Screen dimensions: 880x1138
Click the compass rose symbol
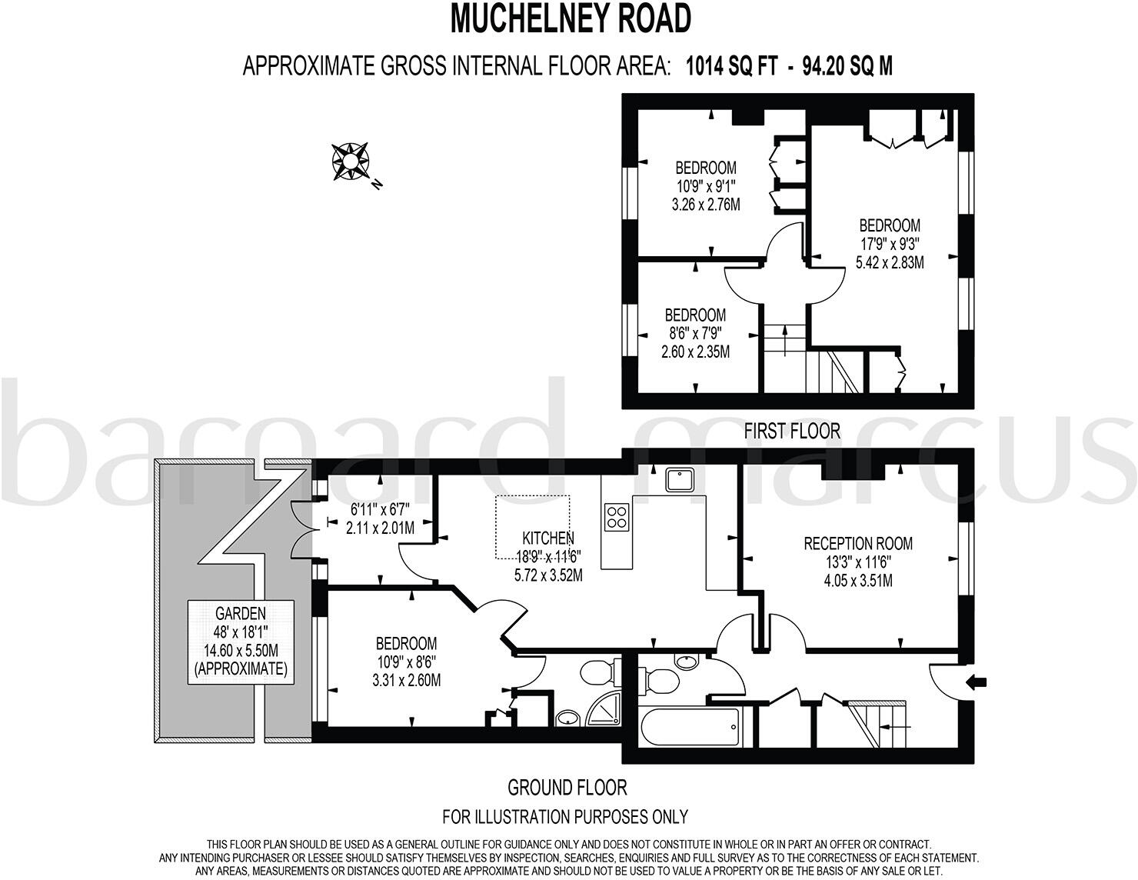pyautogui.click(x=350, y=162)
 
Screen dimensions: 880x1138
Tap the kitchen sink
pyautogui.click(x=680, y=479)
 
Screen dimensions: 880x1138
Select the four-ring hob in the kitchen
pyautogui.click(x=617, y=516)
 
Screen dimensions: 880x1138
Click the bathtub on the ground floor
pyautogui.click(x=690, y=727)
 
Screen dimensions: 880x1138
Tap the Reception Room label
pyautogui.click(x=857, y=544)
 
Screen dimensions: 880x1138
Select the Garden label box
pyautogui.click(x=241, y=641)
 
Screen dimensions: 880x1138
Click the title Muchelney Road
pyautogui.click(x=570, y=18)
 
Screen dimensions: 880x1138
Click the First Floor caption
pyautogui.click(x=792, y=432)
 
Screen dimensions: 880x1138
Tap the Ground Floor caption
pyautogui.click(x=567, y=787)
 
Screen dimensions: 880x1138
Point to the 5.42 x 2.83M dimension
pyautogui.click(x=890, y=262)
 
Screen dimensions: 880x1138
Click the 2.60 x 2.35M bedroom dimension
pyautogui.click(x=695, y=352)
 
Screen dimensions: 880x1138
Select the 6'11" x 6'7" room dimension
pyautogui.click(x=381, y=509)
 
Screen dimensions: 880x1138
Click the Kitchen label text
pyautogui.click(x=548, y=538)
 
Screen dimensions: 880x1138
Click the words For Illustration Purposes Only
pyautogui.click(x=564, y=816)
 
